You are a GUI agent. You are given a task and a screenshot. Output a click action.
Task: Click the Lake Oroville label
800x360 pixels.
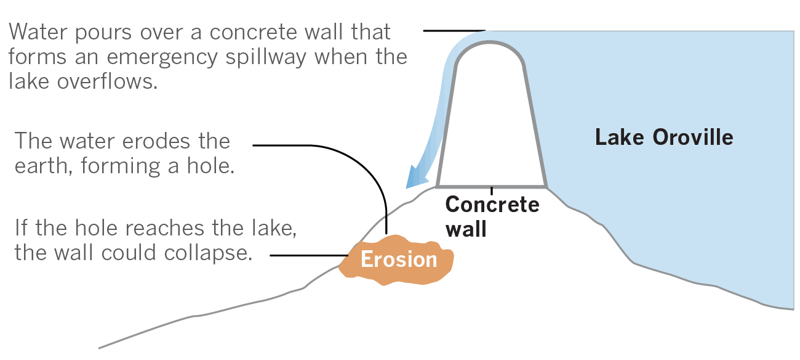(664, 137)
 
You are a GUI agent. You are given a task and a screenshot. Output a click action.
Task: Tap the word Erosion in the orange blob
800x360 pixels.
(399, 259)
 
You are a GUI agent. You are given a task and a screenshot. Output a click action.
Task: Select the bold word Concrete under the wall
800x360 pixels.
(492, 204)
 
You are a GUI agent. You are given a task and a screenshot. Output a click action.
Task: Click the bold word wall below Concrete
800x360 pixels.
(466, 229)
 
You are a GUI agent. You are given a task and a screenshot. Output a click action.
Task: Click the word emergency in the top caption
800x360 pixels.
(162, 57)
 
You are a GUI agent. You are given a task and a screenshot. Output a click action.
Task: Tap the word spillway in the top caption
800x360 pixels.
(266, 57)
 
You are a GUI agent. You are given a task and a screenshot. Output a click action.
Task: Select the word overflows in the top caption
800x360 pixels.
(107, 81)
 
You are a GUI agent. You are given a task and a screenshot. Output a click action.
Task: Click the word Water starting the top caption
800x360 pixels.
(38, 32)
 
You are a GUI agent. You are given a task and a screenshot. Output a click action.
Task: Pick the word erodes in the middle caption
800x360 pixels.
(157, 141)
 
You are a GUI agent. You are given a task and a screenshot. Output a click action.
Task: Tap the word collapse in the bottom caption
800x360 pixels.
(208, 253)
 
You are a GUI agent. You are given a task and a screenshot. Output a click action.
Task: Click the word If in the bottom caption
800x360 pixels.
(21, 228)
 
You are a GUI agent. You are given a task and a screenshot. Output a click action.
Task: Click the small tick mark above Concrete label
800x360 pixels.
(492, 190)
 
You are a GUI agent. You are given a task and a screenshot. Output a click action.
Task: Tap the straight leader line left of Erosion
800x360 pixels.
(309, 255)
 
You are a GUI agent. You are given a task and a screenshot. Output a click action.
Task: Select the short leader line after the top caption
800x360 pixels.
(454, 31)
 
